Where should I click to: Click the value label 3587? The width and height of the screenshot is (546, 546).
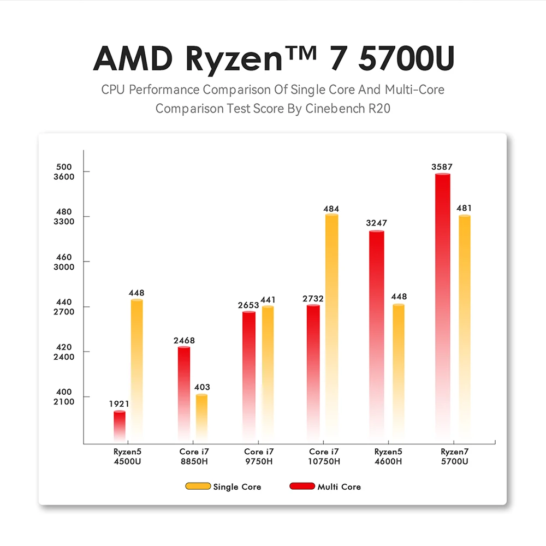(442, 167)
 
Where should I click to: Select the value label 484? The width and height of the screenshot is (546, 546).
(331, 209)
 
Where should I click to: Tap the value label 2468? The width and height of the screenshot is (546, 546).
(184, 341)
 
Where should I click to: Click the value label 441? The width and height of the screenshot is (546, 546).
(268, 300)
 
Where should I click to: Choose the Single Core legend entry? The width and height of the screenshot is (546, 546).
(224, 486)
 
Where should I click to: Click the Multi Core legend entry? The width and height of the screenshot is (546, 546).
(325, 486)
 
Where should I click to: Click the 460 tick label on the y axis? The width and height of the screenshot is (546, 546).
(64, 257)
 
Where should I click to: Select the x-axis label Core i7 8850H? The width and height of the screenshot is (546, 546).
(194, 456)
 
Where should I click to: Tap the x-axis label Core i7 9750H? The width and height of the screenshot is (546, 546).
(259, 456)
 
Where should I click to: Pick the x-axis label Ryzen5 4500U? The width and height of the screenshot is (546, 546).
(127, 456)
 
